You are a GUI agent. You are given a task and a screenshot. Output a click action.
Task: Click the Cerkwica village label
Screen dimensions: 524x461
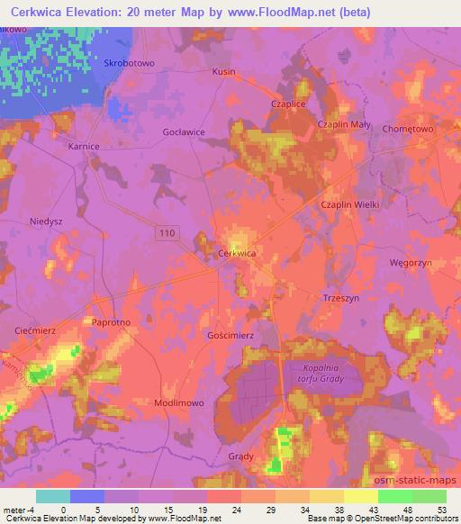238,254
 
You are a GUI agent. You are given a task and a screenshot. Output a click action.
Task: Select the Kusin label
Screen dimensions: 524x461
224,71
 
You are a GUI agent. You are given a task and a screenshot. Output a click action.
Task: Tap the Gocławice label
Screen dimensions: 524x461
184,131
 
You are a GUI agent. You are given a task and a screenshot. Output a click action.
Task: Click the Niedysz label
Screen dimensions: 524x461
44,220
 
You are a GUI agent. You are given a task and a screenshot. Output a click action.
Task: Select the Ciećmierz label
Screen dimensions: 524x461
36,330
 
